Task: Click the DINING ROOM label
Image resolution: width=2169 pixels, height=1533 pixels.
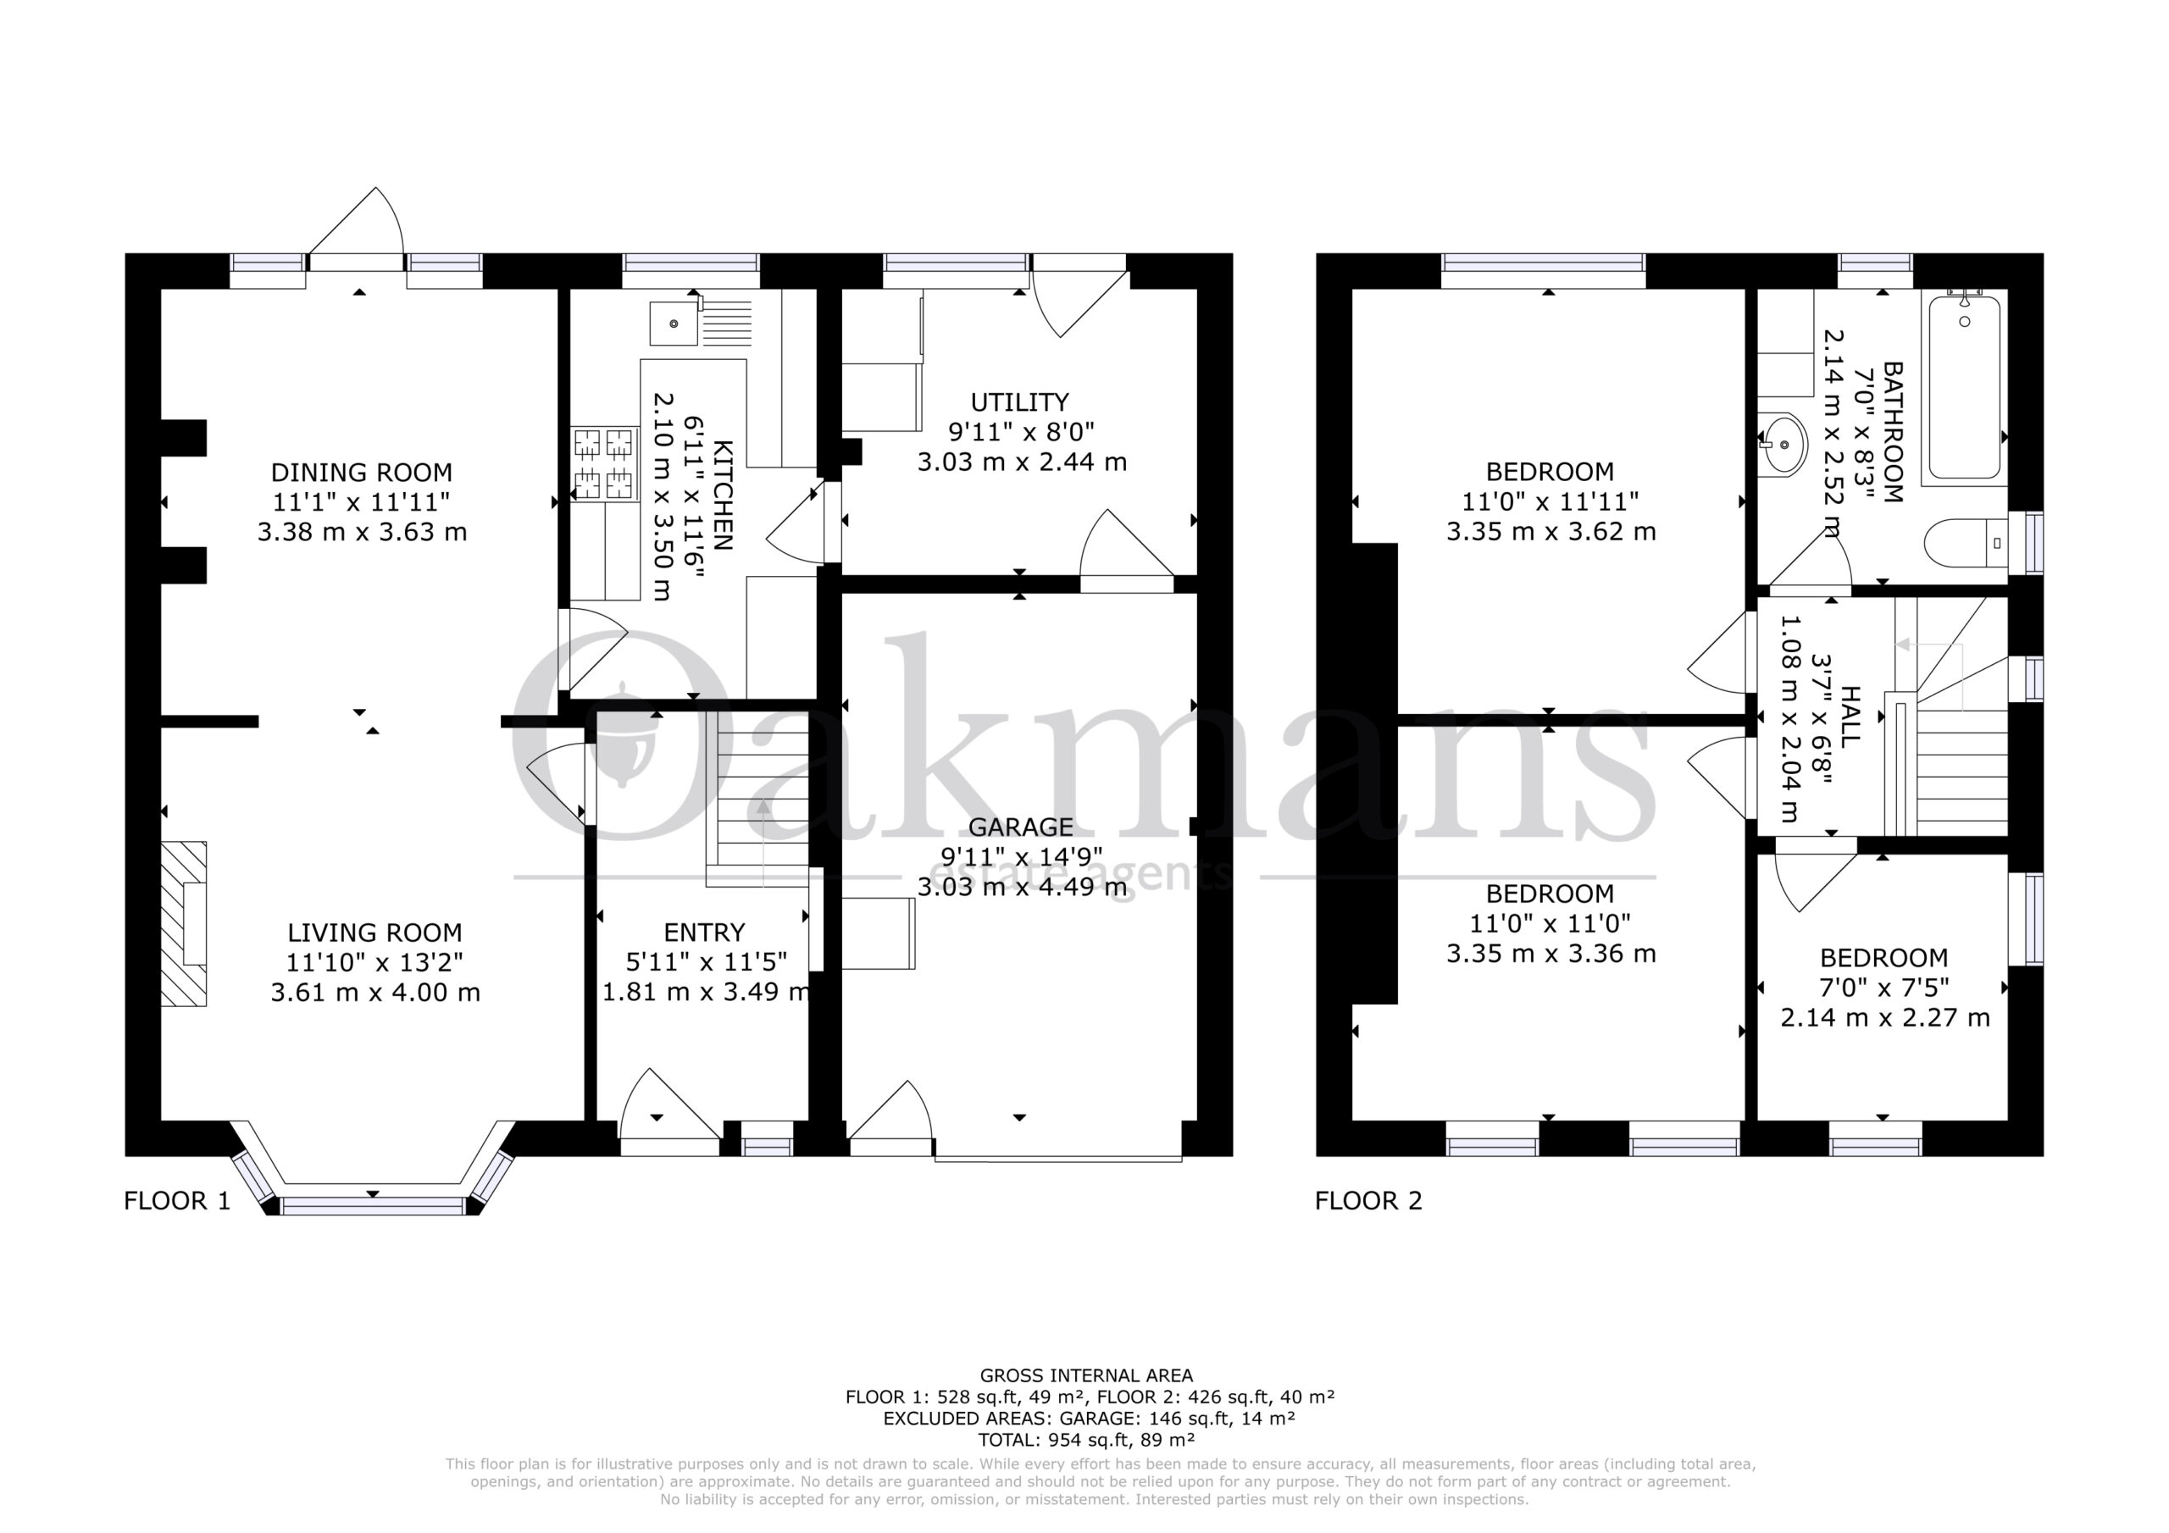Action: coord(362,473)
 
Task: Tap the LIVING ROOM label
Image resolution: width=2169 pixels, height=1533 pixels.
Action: coord(375,933)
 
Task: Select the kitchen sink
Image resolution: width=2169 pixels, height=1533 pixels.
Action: coord(700,323)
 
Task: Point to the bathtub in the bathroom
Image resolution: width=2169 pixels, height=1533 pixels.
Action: coord(1965,388)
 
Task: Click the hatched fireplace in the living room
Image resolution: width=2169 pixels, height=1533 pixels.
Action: coord(183,924)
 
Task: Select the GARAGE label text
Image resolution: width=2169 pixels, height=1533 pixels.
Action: coord(1020,827)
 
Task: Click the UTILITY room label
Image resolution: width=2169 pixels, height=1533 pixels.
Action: coord(1020,402)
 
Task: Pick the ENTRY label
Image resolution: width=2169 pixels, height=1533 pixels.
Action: coord(705,933)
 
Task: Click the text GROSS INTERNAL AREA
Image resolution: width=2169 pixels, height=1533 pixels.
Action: coord(1086,1376)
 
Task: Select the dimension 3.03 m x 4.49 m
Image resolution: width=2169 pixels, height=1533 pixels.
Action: coord(1022,887)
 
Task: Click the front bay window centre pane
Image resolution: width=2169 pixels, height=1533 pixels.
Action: coord(373,1205)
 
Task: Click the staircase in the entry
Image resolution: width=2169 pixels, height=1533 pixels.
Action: coord(758,799)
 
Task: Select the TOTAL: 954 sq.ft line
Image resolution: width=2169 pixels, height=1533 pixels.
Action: coord(1086,1441)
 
